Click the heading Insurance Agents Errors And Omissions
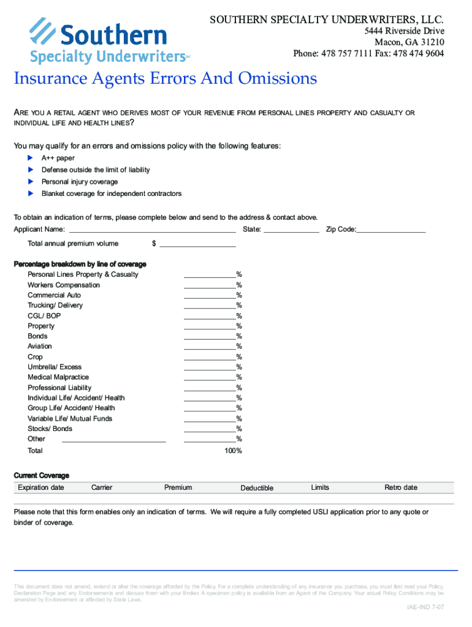[x=166, y=79]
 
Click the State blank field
[x=291, y=230]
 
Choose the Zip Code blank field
[x=391, y=230]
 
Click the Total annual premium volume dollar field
[x=197, y=244]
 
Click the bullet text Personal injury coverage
[x=80, y=182]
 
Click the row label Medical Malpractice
[x=58, y=377]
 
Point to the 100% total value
[x=234, y=451]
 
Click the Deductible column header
[x=257, y=488]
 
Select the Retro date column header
[x=401, y=487]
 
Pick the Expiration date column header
[x=41, y=487]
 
